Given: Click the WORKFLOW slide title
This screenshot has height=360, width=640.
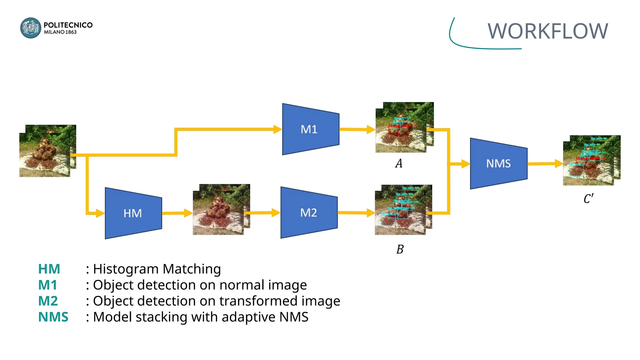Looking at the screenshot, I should tap(547, 31).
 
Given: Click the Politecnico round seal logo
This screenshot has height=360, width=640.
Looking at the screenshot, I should tap(30, 28).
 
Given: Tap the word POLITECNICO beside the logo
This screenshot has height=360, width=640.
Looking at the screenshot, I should tap(68, 25).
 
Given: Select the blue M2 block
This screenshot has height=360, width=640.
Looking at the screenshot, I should tap(309, 212).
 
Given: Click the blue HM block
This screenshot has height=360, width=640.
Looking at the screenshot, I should tap(133, 213).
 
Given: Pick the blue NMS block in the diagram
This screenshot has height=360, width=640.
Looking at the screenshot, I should tap(498, 163).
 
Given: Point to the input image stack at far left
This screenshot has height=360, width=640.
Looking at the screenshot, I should tap(47, 151).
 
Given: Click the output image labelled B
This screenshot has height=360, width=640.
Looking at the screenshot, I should tap(403, 210).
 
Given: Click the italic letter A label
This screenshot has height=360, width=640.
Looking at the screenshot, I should tap(399, 163).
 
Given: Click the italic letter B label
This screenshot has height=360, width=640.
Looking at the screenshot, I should tap(400, 249).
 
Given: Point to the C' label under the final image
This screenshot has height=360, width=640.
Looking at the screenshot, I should tap(588, 199).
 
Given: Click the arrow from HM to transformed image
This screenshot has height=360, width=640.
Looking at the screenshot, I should tap(177, 213).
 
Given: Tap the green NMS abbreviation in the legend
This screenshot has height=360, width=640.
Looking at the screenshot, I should tap(53, 317).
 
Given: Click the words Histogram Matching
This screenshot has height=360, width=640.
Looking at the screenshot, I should tap(157, 269).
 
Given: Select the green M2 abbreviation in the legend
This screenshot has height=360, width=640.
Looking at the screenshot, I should tap(48, 301).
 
